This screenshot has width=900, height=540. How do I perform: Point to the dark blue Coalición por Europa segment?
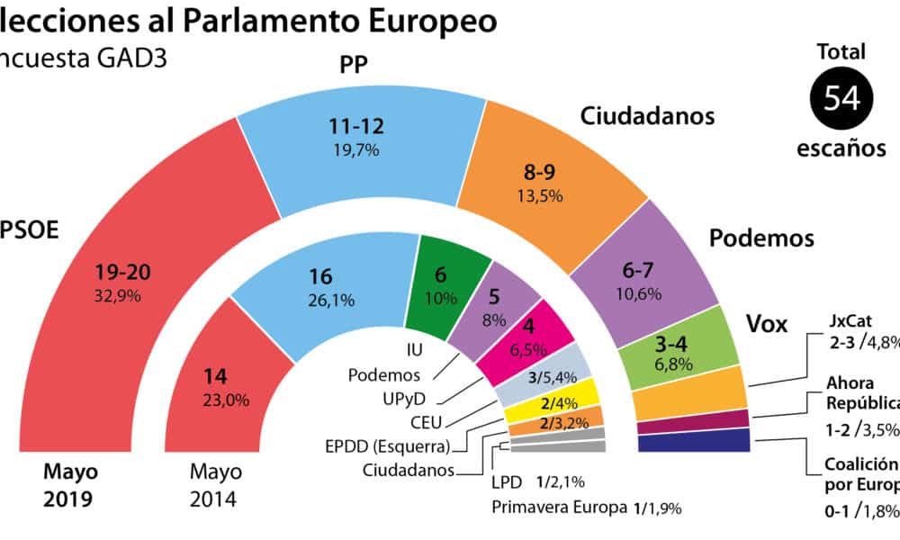[694, 440]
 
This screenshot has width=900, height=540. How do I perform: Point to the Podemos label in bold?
[761, 238]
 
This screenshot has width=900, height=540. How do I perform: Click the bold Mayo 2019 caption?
[73, 485]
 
